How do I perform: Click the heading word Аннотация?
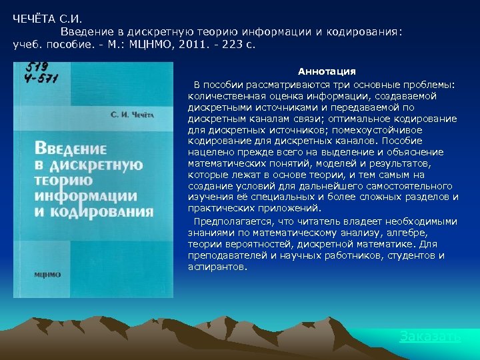pos(326,71)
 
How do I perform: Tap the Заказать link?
pos(429,336)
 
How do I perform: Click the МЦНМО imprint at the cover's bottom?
pos(47,274)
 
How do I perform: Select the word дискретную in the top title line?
pos(155,31)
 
